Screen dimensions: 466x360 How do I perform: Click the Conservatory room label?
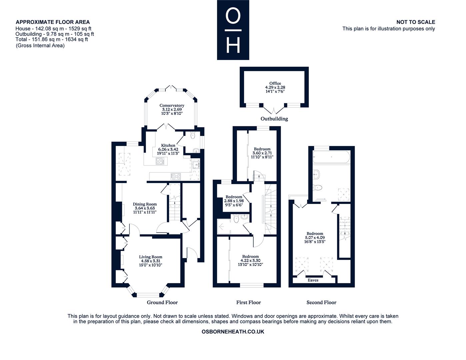[172, 105]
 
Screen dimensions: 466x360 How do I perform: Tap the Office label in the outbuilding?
[275, 83]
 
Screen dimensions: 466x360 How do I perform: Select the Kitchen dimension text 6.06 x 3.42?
[168, 149]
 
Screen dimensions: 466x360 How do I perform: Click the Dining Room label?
[145, 204]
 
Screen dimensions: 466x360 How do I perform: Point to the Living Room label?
[151, 257]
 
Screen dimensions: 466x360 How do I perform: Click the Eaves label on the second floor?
[313, 280]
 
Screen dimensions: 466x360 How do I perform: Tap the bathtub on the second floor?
[331, 157]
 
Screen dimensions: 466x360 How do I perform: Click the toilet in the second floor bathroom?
[318, 188]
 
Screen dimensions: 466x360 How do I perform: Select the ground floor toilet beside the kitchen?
[193, 135]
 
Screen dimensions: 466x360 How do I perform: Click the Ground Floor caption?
[162, 303]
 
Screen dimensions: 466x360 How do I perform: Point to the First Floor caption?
[249, 303]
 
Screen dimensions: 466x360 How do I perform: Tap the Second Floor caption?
[321, 303]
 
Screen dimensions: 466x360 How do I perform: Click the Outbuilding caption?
[274, 119]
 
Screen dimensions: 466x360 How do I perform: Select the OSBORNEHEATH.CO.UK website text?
[233, 332]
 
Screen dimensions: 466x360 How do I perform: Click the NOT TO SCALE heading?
[416, 22]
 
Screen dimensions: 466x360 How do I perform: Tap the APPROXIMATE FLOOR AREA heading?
[53, 22]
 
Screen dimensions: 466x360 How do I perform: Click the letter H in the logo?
[233, 46]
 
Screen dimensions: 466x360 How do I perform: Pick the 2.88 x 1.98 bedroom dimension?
[234, 201]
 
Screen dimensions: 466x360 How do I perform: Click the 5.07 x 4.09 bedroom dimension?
[315, 238]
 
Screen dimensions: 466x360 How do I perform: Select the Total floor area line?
[52, 39]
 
